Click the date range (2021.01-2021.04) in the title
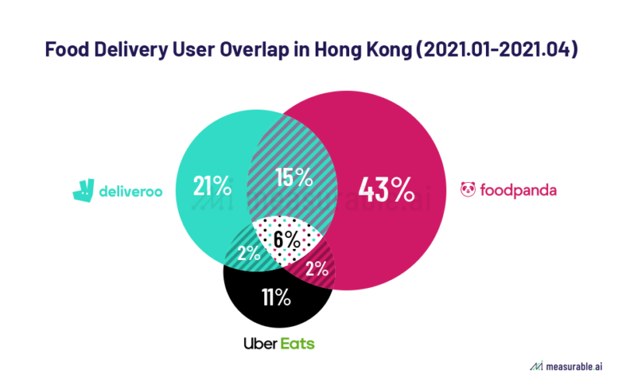coord(513,50)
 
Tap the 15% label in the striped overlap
coord(294,178)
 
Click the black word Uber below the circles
coord(261,343)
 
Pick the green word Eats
coord(299,343)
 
